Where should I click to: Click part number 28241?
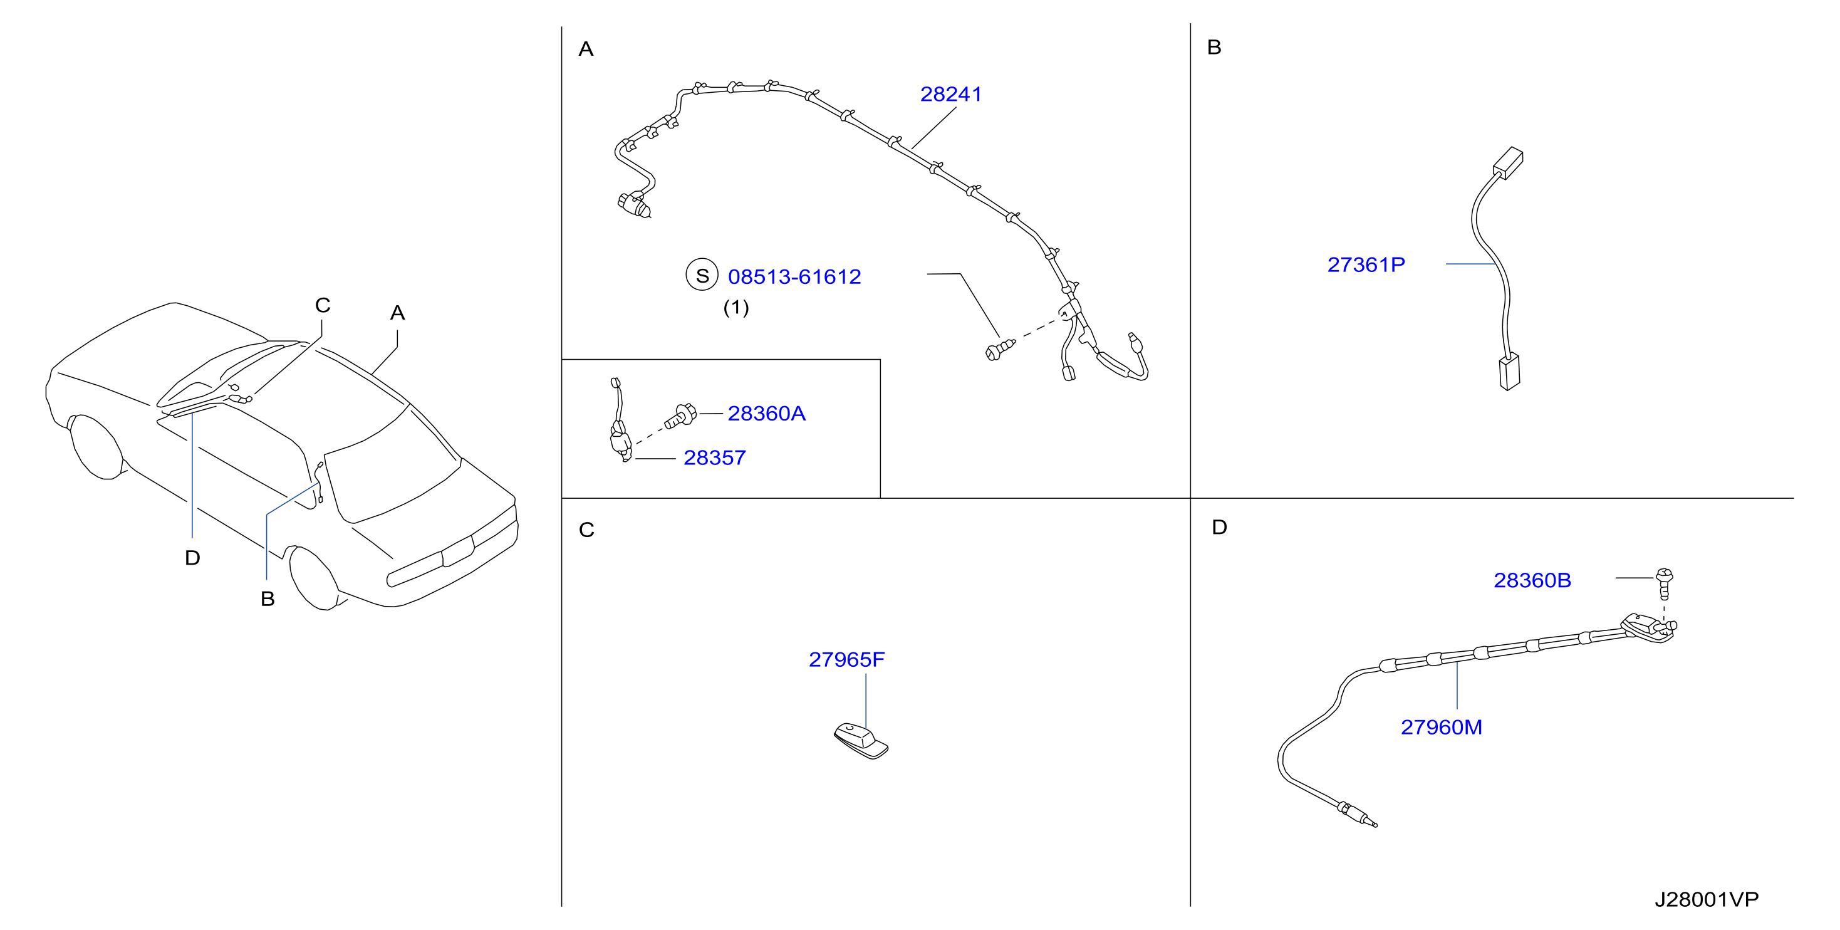click(x=951, y=94)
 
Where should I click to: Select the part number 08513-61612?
click(x=794, y=276)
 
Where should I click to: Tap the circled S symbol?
click(x=702, y=275)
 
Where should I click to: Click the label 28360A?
click(x=766, y=414)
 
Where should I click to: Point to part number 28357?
click(x=714, y=458)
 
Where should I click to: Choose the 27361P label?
click(x=1366, y=265)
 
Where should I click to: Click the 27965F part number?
click(x=846, y=659)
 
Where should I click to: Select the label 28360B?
click(x=1532, y=580)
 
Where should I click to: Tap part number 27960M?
click(x=1442, y=727)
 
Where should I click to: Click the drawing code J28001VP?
click(x=1707, y=899)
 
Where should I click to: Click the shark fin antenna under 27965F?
click(x=861, y=741)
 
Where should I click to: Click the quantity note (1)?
click(x=735, y=308)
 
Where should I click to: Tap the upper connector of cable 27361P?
click(x=1508, y=163)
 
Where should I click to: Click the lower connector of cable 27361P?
click(x=1509, y=372)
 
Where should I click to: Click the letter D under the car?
click(x=192, y=558)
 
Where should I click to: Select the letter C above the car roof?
click(x=322, y=305)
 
